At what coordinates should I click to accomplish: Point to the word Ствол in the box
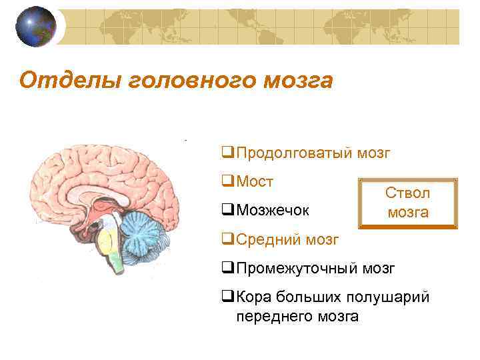click(407, 192)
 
